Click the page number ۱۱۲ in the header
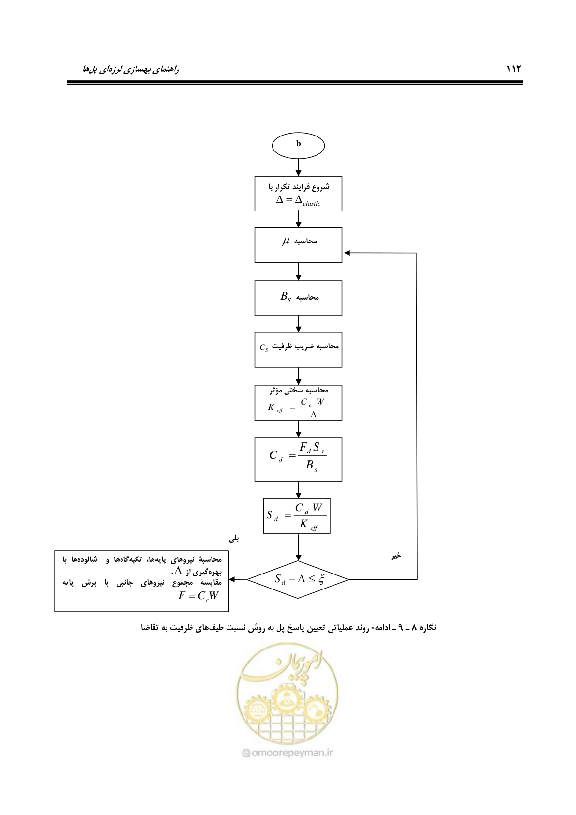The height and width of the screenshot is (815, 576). coord(514,69)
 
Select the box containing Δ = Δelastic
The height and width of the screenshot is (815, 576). coord(298,194)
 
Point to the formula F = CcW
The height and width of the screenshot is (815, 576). coord(198,596)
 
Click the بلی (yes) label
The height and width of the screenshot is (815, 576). coord(234,539)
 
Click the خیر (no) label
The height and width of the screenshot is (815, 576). coord(396,556)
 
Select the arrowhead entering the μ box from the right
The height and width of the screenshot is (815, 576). coord(347,253)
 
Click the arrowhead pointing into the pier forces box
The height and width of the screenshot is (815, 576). coord(232,579)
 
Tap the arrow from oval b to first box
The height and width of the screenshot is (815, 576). coord(298,167)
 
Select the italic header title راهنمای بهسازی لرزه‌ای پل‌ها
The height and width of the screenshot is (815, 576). coord(131,69)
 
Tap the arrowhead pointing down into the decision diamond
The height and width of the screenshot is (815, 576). coord(298,558)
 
